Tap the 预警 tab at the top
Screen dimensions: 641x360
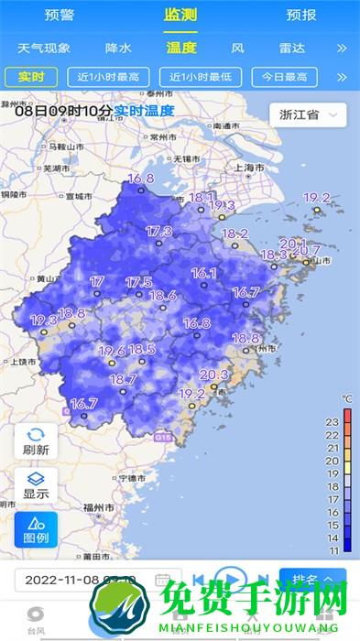pyautogui.click(x=60, y=16)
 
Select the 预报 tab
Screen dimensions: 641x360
pyautogui.click(x=300, y=16)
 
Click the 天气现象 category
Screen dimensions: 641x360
pyautogui.click(x=43, y=48)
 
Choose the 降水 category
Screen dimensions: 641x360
pyautogui.click(x=118, y=48)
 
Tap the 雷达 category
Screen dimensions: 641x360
pyautogui.click(x=292, y=48)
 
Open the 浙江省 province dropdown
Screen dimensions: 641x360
pyautogui.click(x=308, y=114)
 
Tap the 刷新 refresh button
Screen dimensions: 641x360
pyautogui.click(x=36, y=441)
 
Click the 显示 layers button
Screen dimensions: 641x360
pyautogui.click(x=36, y=485)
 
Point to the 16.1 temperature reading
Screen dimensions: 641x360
pyautogui.click(x=203, y=273)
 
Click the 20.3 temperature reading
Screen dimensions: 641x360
pyautogui.click(x=213, y=375)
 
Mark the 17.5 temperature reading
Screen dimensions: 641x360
pyautogui.click(x=138, y=282)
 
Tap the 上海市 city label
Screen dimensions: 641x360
pyautogui.click(x=249, y=168)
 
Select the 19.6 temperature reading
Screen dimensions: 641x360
pyautogui.click(x=111, y=351)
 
